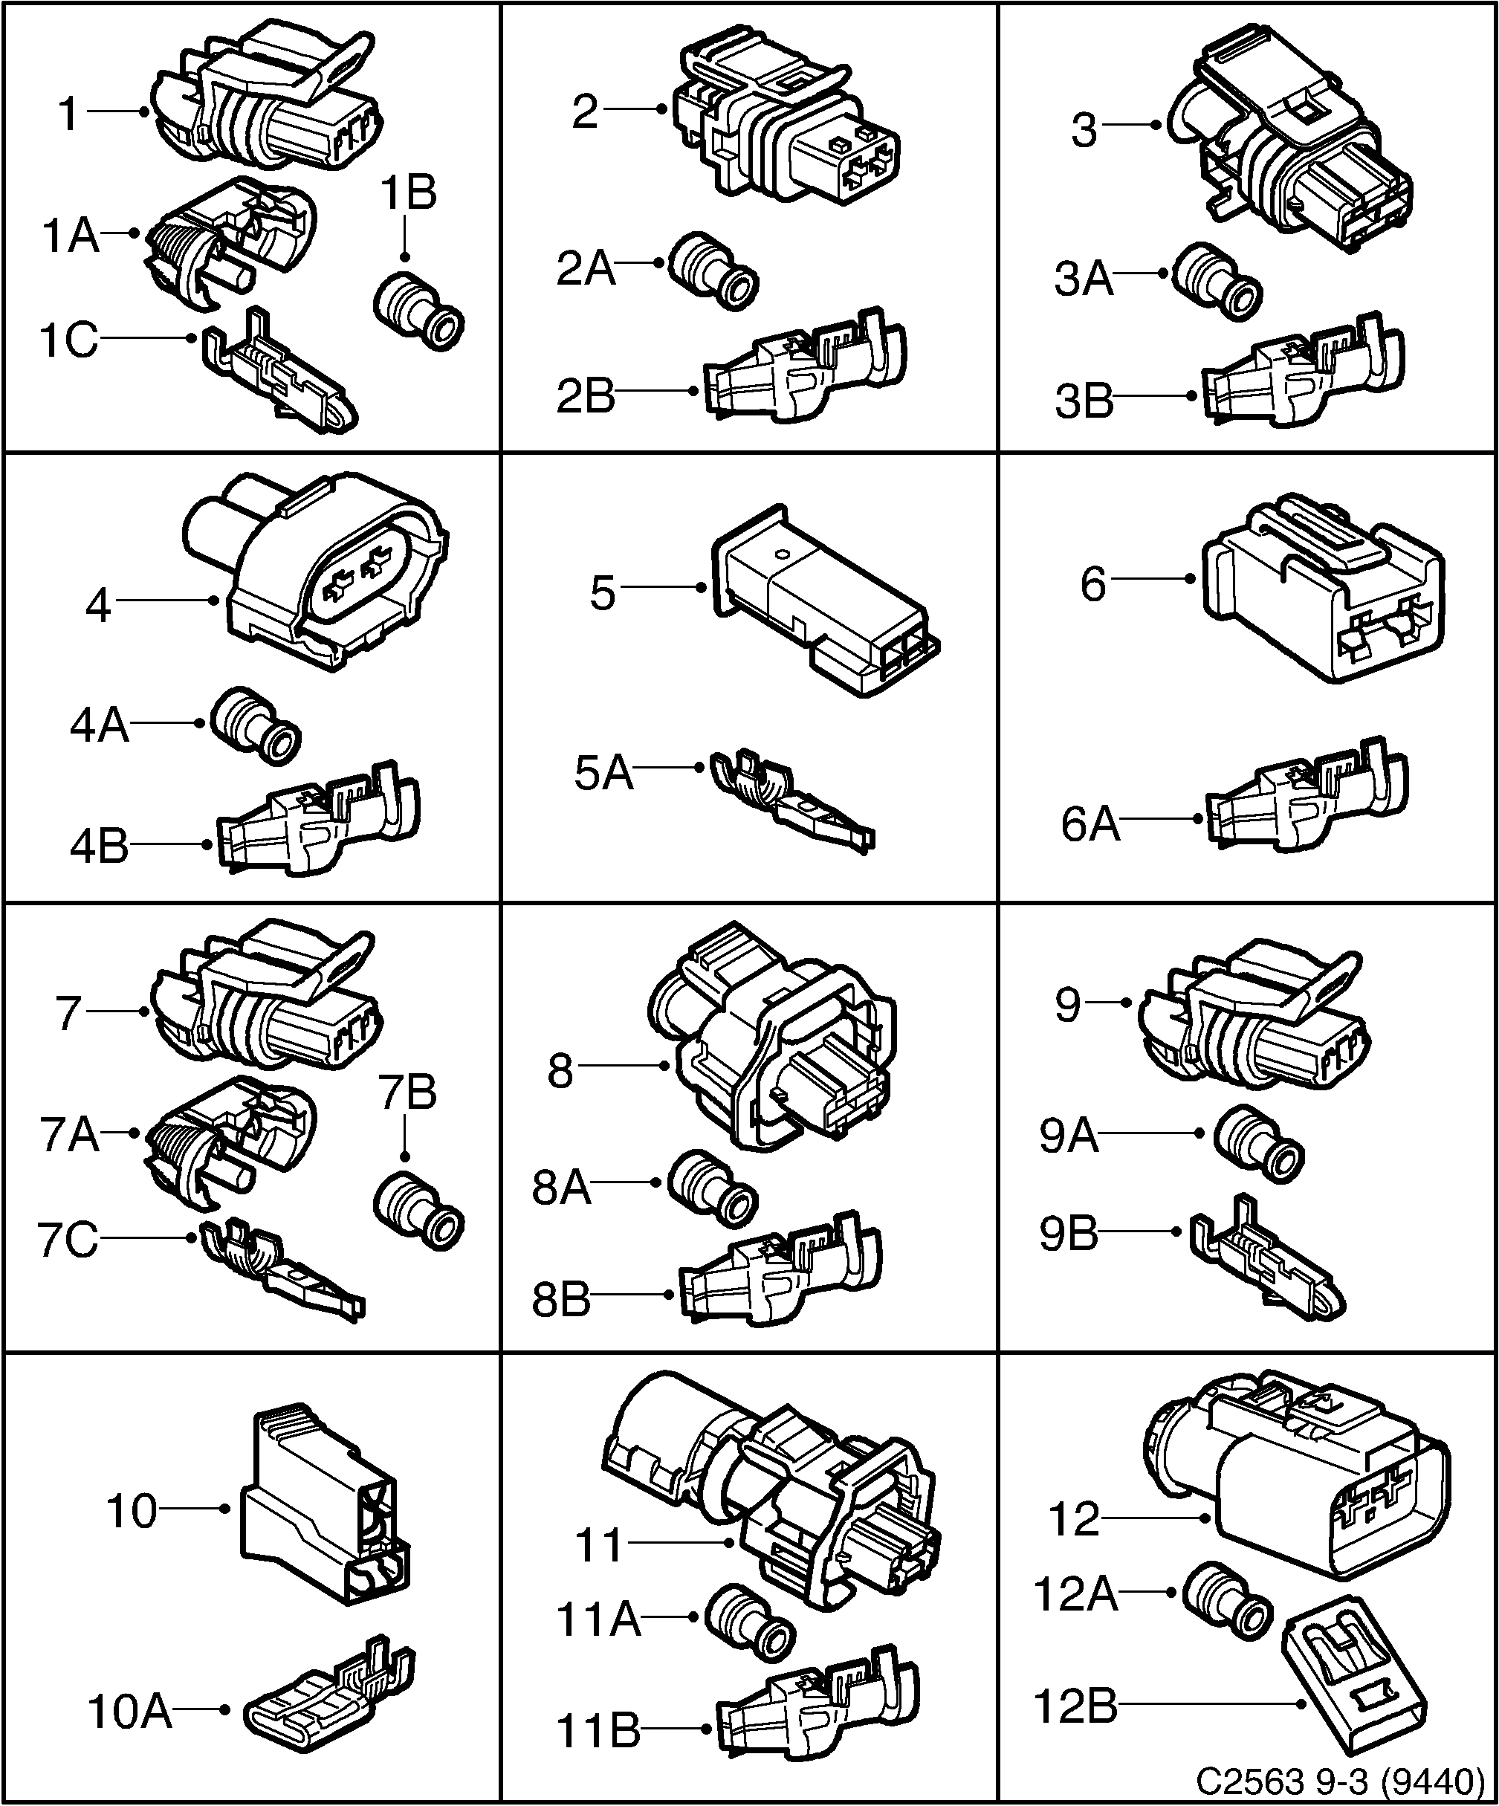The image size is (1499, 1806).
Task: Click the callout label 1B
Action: tap(409, 193)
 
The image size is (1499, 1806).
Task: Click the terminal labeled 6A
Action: tap(1307, 795)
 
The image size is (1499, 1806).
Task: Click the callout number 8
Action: tap(560, 1072)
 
